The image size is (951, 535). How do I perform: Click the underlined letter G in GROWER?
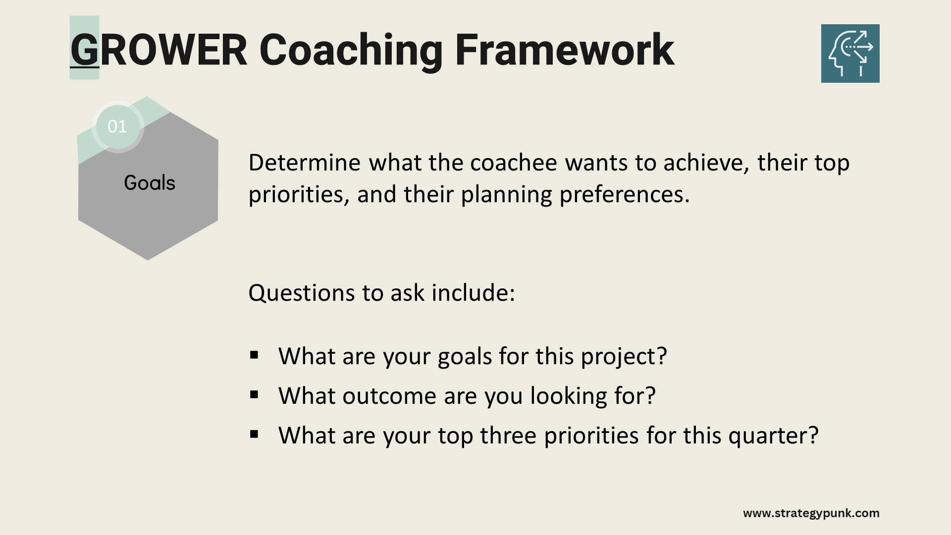[x=85, y=50]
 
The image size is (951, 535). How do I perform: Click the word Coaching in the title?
[x=351, y=51]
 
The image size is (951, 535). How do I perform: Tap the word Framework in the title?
[x=564, y=50]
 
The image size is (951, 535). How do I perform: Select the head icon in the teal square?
[x=850, y=53]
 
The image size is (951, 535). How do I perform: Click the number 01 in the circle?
[x=117, y=126]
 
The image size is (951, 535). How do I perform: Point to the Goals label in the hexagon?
[x=150, y=183]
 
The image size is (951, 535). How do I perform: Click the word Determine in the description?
[x=305, y=162]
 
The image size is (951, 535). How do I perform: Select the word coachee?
[x=514, y=162]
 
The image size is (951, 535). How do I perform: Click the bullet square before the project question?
[x=255, y=355]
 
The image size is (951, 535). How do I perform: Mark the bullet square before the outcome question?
[x=255, y=394]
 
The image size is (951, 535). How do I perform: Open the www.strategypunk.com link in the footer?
[x=811, y=513]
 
